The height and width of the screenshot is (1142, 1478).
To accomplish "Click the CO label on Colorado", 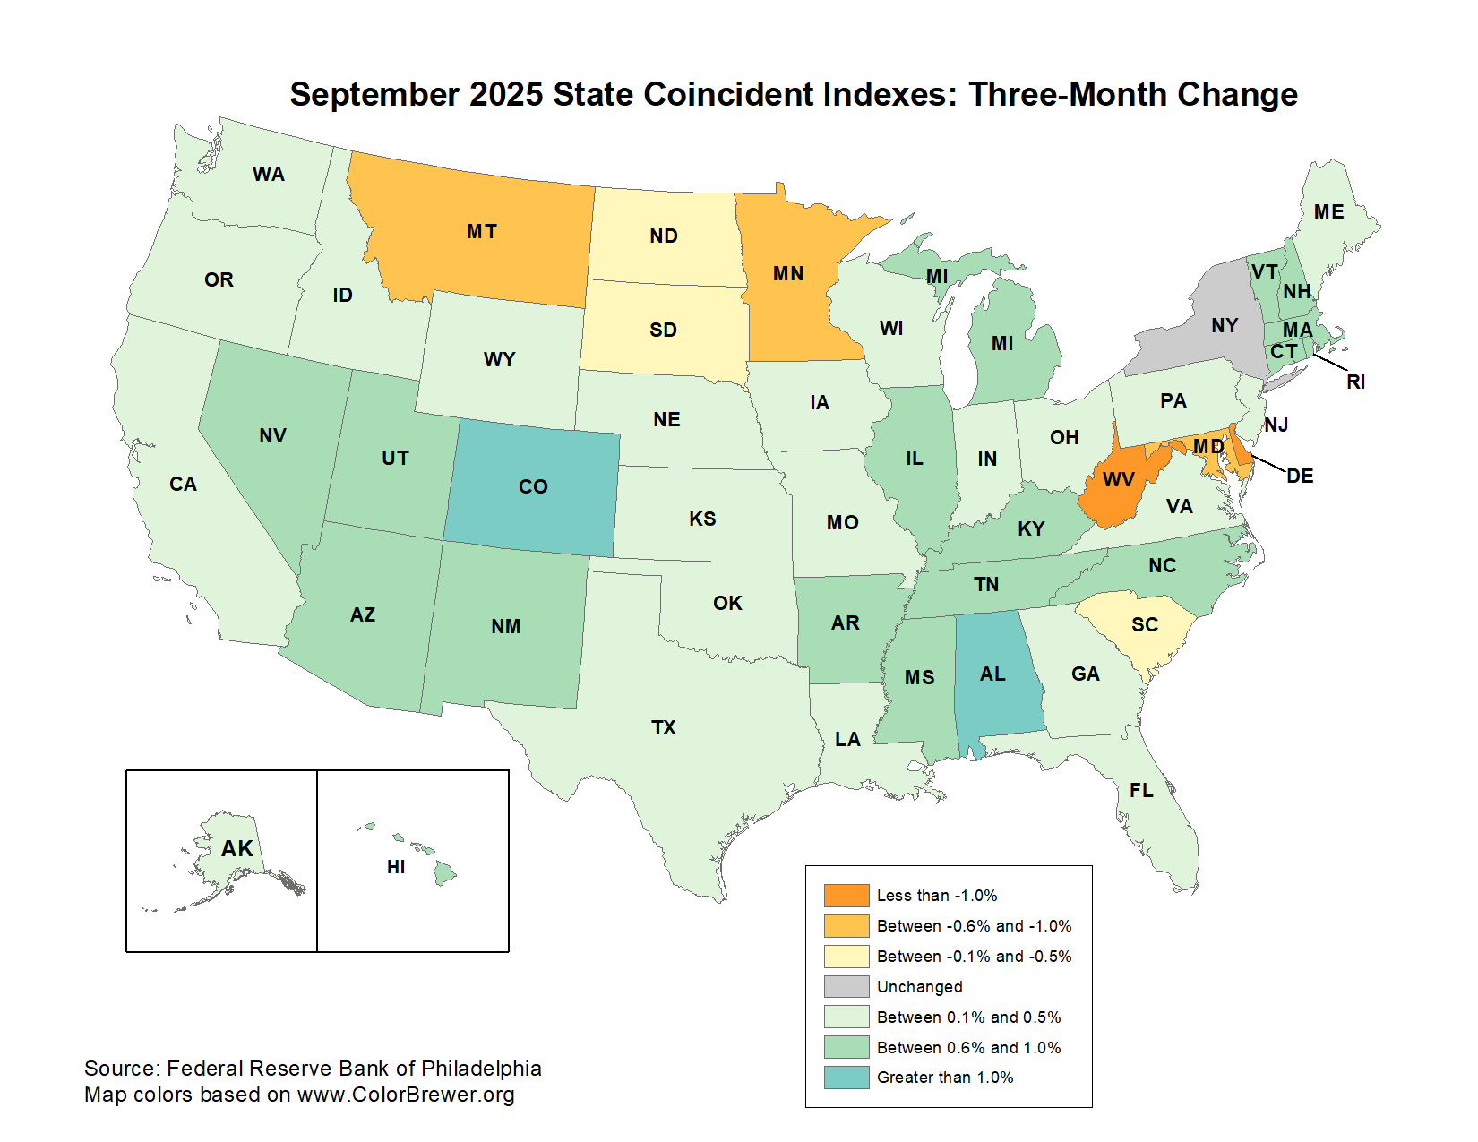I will coord(533,486).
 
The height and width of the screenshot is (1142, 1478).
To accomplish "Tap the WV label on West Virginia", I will coord(1119,480).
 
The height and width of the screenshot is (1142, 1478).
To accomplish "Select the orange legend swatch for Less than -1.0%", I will coord(846,896).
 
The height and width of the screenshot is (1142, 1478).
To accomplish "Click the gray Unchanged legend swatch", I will coord(846,987).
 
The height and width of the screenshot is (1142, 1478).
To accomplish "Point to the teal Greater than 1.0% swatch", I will coord(846,1078).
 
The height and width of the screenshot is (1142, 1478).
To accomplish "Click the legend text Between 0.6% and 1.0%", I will coord(968,1047).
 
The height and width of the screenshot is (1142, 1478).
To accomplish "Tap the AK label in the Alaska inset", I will coord(237,848).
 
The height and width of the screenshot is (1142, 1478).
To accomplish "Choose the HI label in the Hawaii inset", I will coord(396,867).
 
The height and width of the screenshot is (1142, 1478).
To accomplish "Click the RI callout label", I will coord(1355,382).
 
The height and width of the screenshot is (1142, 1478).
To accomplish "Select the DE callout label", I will coord(1300,477).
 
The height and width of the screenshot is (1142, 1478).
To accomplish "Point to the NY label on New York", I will coord(1225,325).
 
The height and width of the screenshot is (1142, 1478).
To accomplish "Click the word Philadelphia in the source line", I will coord(481,1069).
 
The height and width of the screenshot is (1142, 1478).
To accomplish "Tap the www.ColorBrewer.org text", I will coord(406,1095).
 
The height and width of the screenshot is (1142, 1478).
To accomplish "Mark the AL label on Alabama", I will coord(992,674).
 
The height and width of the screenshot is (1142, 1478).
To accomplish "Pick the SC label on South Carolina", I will coord(1145,624).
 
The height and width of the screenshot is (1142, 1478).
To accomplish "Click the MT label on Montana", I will coord(482,232).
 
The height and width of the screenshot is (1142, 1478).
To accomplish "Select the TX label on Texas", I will coord(664,727).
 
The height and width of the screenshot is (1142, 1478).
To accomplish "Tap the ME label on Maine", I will coord(1329,211).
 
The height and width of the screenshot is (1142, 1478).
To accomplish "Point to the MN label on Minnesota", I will coord(788,274).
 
